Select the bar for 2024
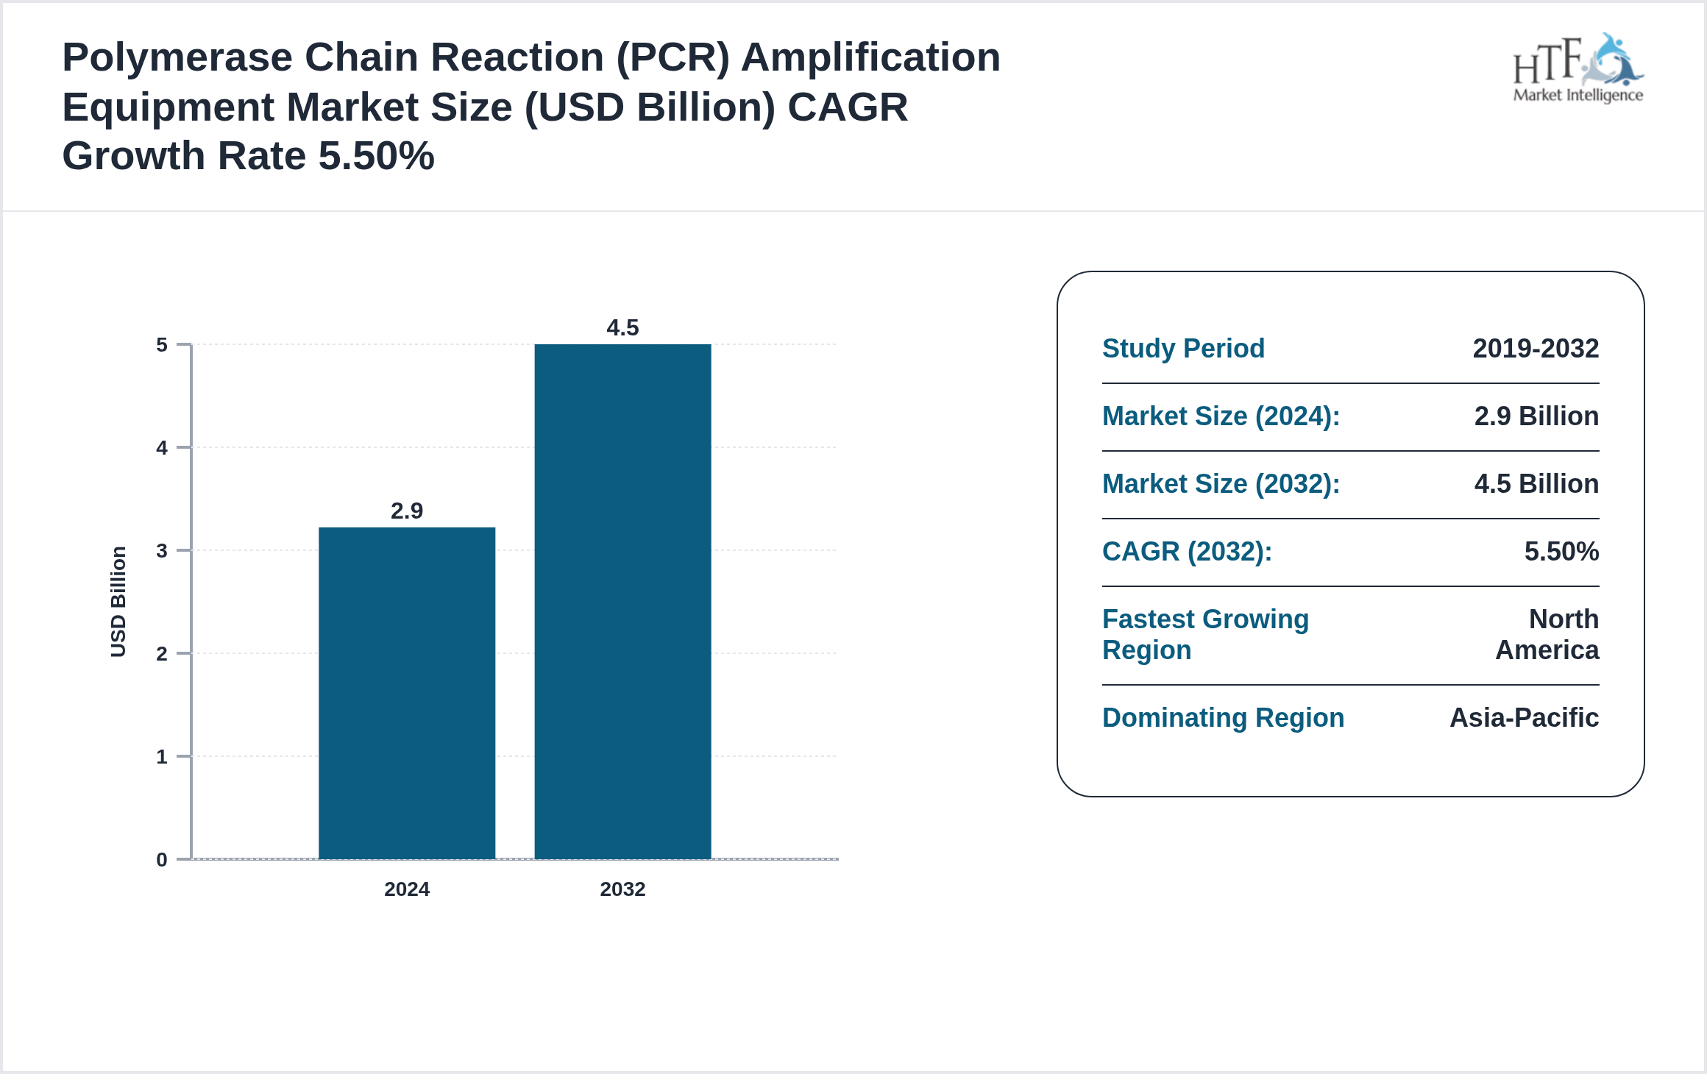(407, 692)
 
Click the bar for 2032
(622, 601)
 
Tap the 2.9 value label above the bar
(407, 511)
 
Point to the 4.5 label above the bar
(622, 327)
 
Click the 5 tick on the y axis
(162, 345)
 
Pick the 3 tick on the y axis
(162, 551)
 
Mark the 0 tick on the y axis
(162, 860)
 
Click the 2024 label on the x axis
(407, 889)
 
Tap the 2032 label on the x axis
(622, 889)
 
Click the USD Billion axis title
(118, 602)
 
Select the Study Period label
(1183, 349)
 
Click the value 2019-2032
(1536, 349)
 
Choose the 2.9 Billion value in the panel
(1536, 416)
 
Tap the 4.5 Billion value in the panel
(1536, 484)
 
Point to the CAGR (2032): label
(1187, 552)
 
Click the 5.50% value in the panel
(1561, 552)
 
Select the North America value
(1548, 635)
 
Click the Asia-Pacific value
(1524, 718)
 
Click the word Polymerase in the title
(177, 57)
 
